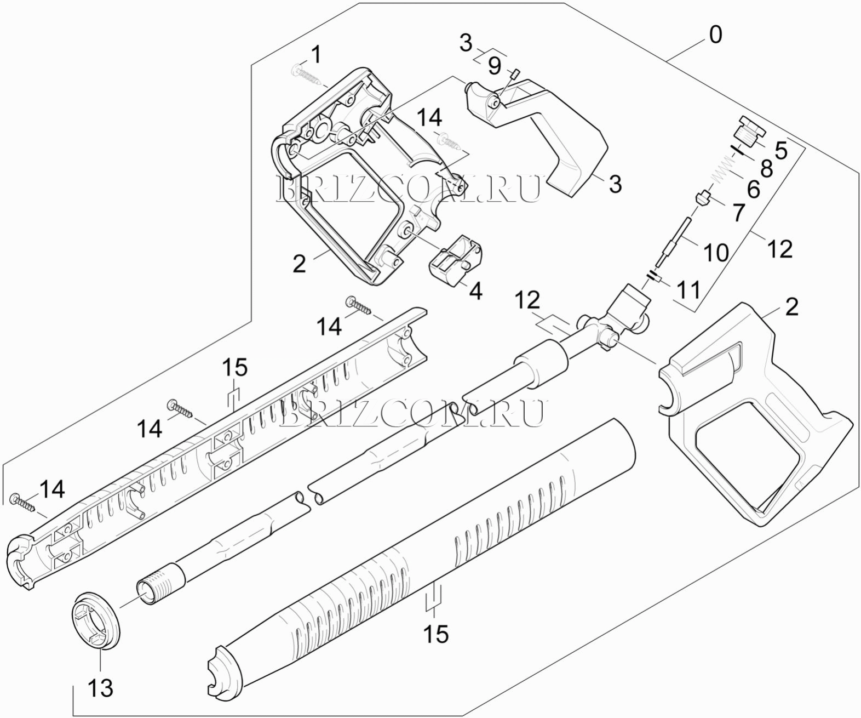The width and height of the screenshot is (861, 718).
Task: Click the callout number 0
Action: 715,35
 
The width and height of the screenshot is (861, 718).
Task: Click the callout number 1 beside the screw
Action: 316,55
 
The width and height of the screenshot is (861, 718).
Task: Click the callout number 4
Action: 476,291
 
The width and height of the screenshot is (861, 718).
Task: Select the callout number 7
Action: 739,213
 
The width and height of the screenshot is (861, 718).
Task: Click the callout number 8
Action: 766,168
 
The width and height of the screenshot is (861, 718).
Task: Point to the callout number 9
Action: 495,66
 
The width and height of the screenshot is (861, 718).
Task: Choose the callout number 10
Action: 715,253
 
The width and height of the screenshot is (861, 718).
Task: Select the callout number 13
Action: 101,687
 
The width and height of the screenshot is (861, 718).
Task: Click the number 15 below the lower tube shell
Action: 436,634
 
